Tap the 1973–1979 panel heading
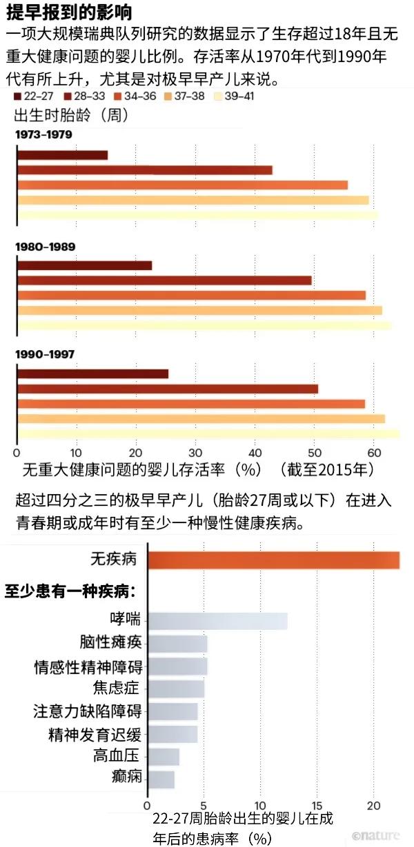43,134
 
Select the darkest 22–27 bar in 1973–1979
62,155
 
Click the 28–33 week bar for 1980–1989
164,280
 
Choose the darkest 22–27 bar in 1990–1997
92,374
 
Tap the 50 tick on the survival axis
314,453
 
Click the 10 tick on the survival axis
76,453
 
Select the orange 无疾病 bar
273,560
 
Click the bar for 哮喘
217,620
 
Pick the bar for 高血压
164,757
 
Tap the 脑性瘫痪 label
115,643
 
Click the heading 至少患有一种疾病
70,591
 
